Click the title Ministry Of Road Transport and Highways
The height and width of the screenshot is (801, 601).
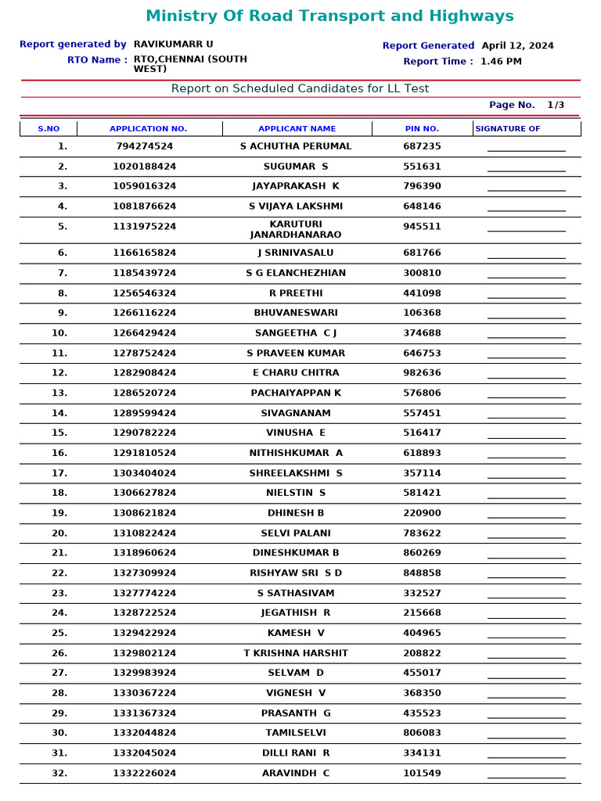pos(329,16)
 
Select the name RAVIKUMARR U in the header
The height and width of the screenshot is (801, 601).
pos(173,45)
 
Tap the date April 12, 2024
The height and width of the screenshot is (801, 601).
pos(517,45)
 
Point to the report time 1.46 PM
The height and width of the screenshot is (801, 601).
pos(501,61)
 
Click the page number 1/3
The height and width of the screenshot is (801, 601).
pos(555,105)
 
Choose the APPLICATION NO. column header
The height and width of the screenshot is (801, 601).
pos(148,128)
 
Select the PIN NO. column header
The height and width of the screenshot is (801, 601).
pos(422,128)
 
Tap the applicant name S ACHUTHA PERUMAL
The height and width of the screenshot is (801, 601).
pos(296,146)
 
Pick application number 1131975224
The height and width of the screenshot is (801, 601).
pos(145,227)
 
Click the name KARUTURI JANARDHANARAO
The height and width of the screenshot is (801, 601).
pos(296,229)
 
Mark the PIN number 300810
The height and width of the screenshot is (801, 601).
pos(422,273)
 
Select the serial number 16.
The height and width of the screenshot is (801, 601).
pos(59,453)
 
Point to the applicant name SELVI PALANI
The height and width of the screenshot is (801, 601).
pos(296,533)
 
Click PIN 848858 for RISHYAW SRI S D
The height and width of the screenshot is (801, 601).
pos(422,573)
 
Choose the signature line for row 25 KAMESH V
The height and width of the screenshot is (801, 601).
pos(526,638)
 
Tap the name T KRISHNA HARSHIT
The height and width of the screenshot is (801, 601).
pos(296,653)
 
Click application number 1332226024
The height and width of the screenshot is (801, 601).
pos(145,774)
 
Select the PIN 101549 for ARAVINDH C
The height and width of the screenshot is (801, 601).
pos(422,774)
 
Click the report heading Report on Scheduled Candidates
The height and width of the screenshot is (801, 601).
pos(300,88)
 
